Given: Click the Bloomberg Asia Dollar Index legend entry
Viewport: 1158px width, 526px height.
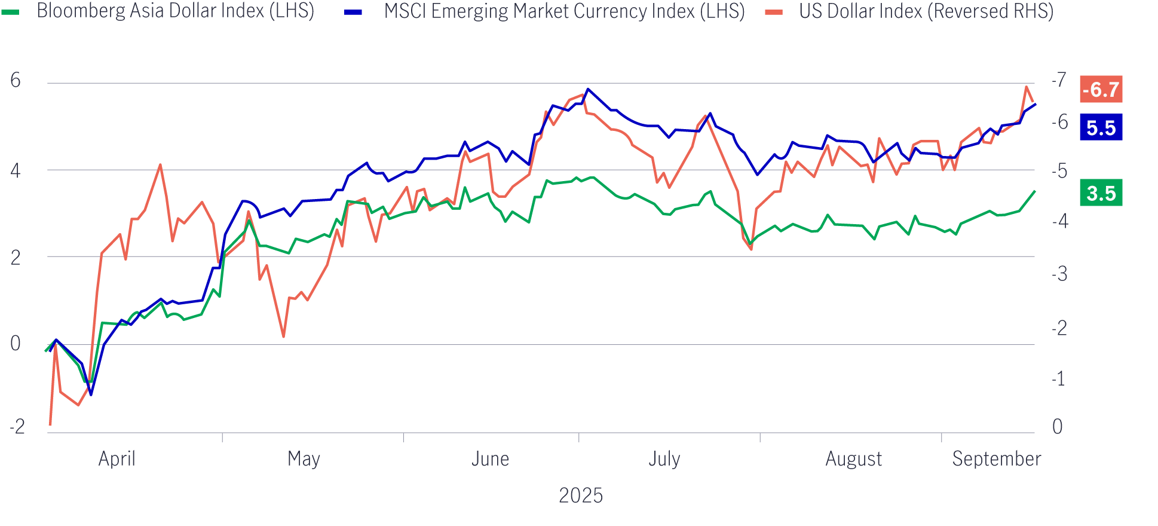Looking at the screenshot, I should click(175, 11).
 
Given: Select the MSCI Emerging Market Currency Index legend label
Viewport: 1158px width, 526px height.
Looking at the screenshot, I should click(563, 11).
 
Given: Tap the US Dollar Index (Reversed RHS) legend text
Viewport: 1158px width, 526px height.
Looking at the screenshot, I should click(926, 11).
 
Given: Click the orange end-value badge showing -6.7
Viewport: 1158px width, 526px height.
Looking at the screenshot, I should click(1101, 90).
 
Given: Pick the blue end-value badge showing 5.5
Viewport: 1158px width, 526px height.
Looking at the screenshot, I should click(1101, 128).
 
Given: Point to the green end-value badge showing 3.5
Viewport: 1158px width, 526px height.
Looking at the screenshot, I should click(1101, 193).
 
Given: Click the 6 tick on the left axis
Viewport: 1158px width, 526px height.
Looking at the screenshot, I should click(16, 81).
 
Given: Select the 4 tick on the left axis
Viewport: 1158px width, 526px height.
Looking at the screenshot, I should click(16, 171).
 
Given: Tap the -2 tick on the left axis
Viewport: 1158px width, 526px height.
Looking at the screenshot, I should click(17, 427).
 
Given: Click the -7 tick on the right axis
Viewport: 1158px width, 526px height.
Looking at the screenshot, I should click(1059, 79).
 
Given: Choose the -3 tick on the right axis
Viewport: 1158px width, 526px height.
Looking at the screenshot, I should click(1059, 274).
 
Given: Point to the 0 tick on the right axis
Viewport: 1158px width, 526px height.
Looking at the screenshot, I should click(1057, 427).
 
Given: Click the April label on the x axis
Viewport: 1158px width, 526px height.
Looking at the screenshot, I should click(117, 459).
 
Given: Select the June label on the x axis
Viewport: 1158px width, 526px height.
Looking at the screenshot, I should click(490, 459).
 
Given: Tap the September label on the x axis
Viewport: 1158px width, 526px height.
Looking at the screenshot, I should click(996, 459).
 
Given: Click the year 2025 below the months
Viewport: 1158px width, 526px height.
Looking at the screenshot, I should click(580, 496).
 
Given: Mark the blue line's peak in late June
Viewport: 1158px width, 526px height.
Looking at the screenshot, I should click(588, 89).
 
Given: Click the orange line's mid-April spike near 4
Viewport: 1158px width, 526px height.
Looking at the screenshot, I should click(160, 164).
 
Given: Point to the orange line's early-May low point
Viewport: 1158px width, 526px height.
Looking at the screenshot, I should click(283, 337).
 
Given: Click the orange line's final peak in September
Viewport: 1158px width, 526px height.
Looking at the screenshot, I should click(1027, 87).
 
